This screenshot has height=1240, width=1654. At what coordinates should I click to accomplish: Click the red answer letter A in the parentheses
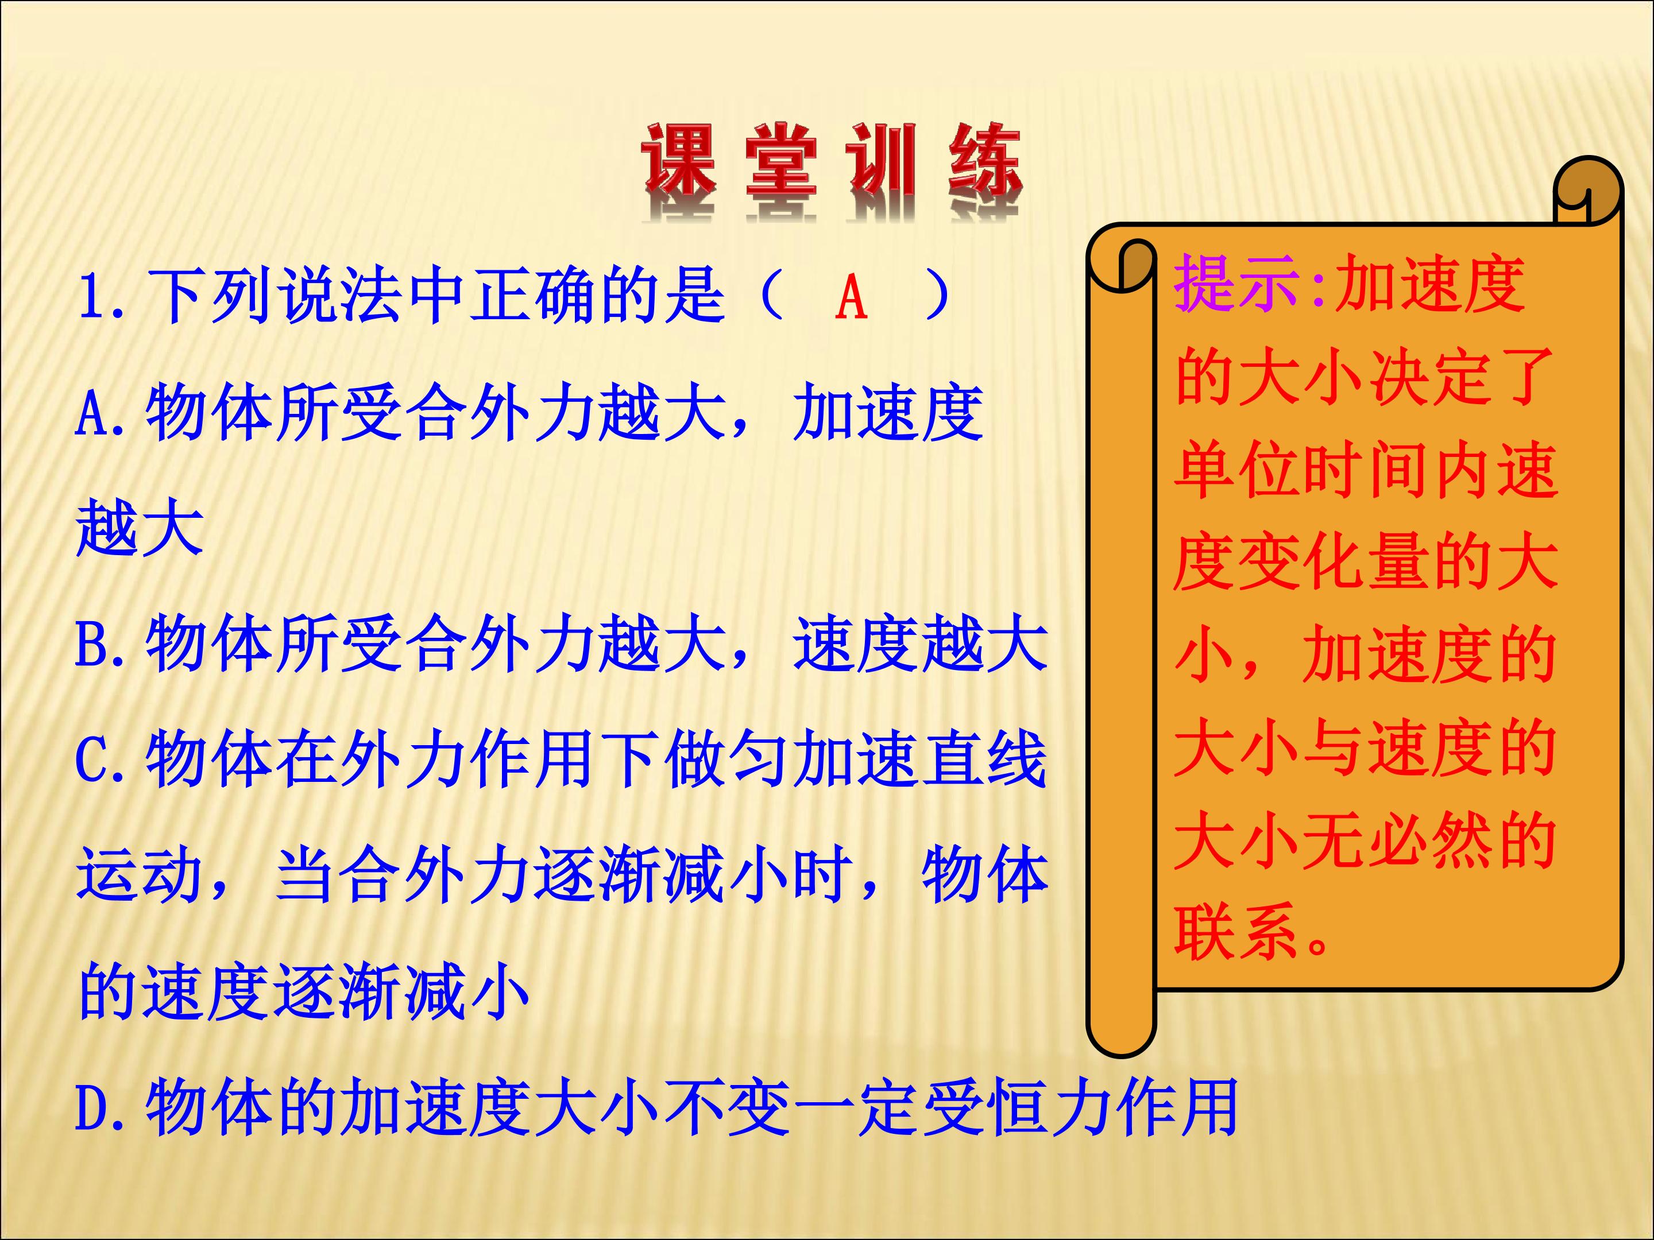[x=851, y=297]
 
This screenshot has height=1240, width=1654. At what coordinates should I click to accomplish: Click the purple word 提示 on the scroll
[x=1238, y=283]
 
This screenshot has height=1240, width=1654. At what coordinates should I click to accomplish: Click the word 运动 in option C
[x=140, y=874]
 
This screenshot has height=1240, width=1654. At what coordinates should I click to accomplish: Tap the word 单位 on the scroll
[x=1238, y=470]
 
